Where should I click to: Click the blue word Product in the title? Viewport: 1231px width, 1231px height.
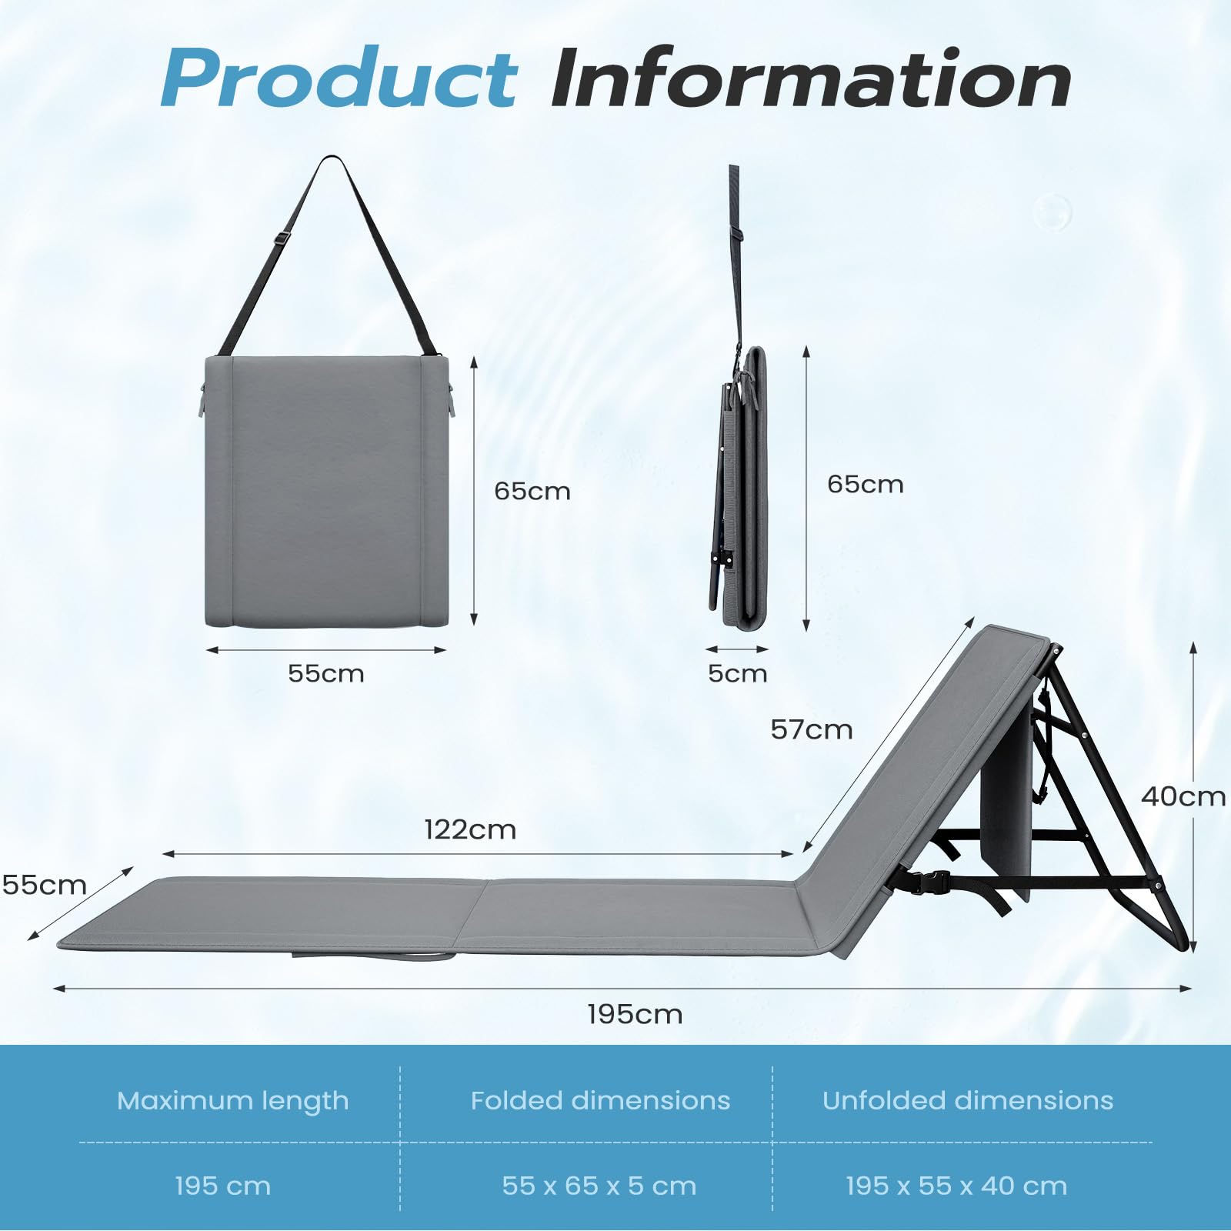click(x=339, y=79)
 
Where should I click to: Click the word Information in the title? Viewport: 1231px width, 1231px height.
click(x=811, y=78)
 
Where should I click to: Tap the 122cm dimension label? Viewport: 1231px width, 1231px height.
click(x=470, y=829)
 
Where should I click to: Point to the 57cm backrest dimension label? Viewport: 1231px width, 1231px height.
click(x=812, y=729)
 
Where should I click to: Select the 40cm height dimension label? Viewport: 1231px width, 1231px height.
click(x=1183, y=796)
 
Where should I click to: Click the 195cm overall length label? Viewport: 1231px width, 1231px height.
click(x=635, y=1014)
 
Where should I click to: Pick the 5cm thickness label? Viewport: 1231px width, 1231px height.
click(x=737, y=673)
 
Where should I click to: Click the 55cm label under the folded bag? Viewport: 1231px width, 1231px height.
click(x=325, y=673)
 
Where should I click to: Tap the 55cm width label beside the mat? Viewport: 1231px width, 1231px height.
click(x=44, y=885)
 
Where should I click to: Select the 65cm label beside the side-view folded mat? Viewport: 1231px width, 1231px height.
click(x=866, y=484)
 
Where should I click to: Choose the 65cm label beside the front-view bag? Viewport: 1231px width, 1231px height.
click(x=532, y=491)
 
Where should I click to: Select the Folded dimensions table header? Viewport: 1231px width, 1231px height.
click(x=600, y=1100)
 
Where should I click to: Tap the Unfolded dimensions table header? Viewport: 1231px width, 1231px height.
click(x=968, y=1100)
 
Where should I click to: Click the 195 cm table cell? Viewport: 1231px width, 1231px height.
click(x=223, y=1186)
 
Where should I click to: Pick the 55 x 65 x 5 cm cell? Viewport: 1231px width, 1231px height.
click(x=599, y=1186)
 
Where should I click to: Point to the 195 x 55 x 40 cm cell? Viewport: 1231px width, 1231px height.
click(x=956, y=1186)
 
